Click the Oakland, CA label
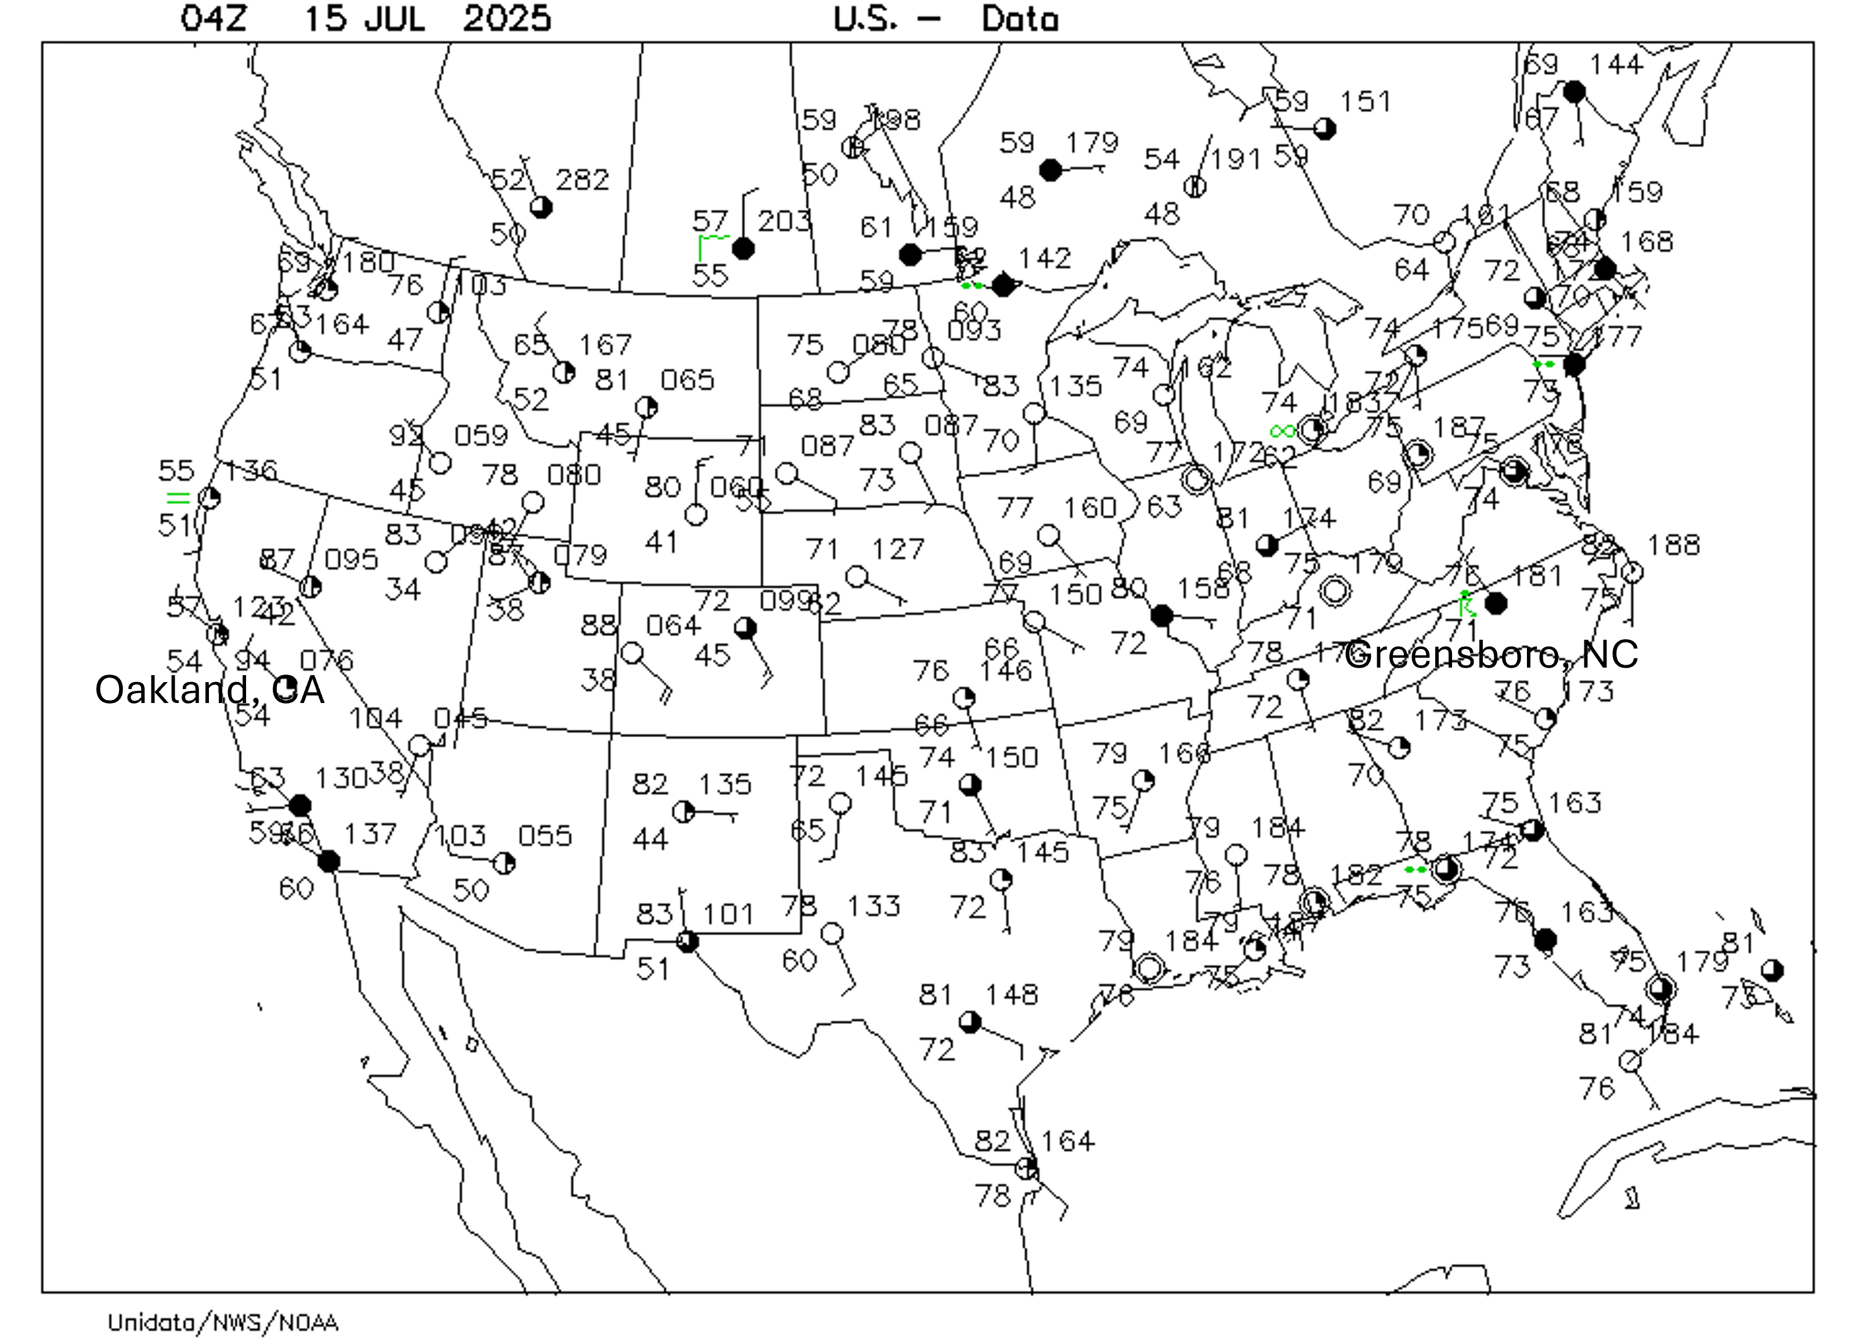point(210,690)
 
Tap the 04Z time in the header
point(213,18)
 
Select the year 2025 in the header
point(507,18)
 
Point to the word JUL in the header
point(395,18)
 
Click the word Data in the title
point(1020,18)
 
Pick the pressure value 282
point(583,179)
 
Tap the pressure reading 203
point(784,220)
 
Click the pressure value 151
point(1366,102)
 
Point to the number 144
point(1616,64)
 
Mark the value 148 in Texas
point(1012,994)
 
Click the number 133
point(874,906)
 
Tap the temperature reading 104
point(375,718)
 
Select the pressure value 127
point(898,549)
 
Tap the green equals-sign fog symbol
point(178,497)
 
